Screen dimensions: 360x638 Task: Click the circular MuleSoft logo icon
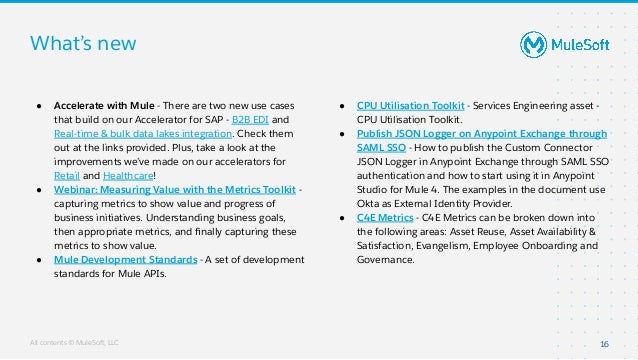pyautogui.click(x=533, y=44)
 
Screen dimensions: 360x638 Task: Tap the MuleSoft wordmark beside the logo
pyautogui.click(x=584, y=44)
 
